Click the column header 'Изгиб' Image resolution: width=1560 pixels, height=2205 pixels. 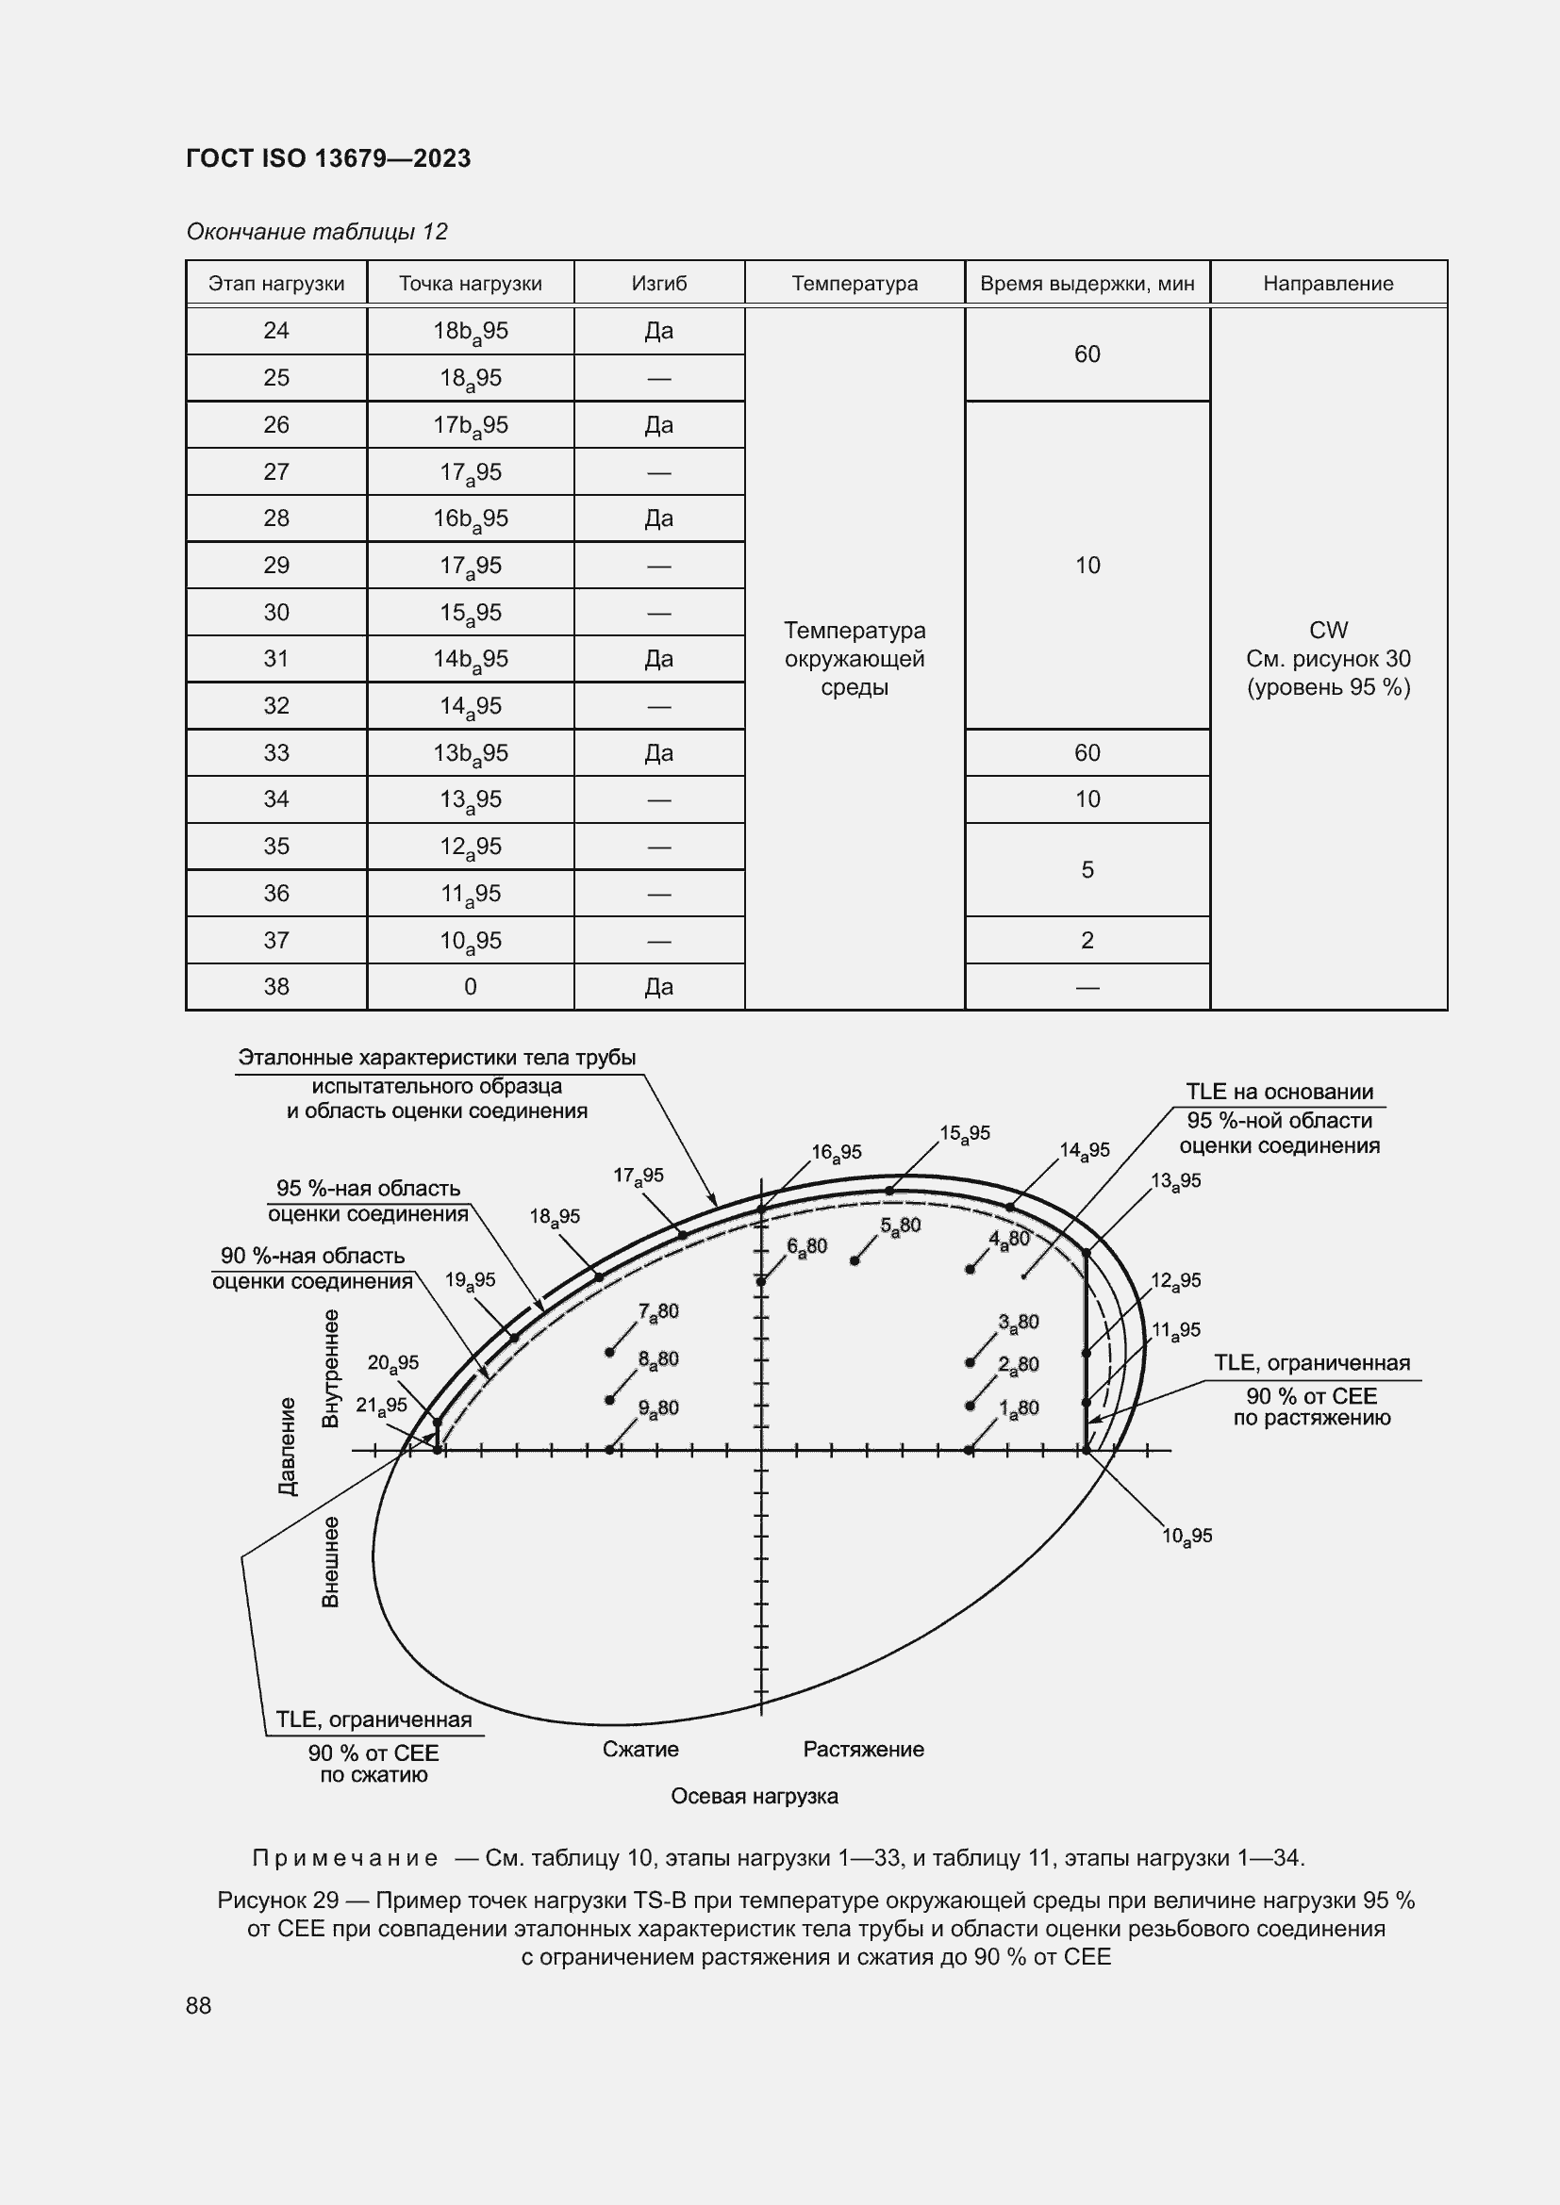pyautogui.click(x=659, y=284)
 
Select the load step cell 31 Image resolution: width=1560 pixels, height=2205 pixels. pyautogui.click(x=275, y=659)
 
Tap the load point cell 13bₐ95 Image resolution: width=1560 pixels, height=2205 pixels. pyautogui.click(x=470, y=754)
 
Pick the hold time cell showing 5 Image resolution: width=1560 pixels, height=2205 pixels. pyautogui.click(x=1087, y=870)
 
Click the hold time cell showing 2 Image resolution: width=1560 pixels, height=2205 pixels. pyautogui.click(x=1087, y=940)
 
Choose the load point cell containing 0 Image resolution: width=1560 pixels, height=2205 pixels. pyautogui.click(x=470, y=987)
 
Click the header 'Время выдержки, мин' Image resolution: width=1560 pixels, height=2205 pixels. pyautogui.click(x=1087, y=284)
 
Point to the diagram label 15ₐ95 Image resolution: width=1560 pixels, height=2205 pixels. pyautogui.click(x=965, y=1134)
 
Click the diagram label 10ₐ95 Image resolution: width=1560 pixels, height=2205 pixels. pyautogui.click(x=1187, y=1537)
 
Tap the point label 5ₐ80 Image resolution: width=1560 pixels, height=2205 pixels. pyautogui.click(x=900, y=1226)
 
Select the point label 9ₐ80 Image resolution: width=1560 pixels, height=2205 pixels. pyautogui.click(x=658, y=1408)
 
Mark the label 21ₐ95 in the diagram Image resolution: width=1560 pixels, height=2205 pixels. pyautogui.click(x=381, y=1406)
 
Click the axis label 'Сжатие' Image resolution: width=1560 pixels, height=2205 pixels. pyautogui.click(x=639, y=1750)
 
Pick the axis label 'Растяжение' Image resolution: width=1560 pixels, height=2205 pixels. pyautogui.click(x=863, y=1750)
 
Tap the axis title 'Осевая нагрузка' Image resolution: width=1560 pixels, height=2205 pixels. pyautogui.click(x=755, y=1797)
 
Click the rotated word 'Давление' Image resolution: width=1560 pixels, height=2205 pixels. pyautogui.click(x=288, y=1446)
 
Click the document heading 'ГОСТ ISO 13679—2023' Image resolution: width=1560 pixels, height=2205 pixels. pyautogui.click(x=328, y=158)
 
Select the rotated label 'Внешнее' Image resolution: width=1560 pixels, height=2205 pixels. pyautogui.click(x=330, y=1562)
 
